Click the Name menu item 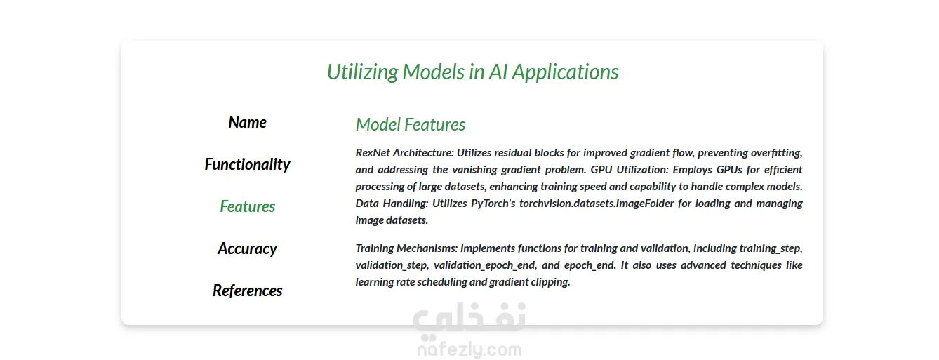click(247, 122)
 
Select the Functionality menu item click(247, 164)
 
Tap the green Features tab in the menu click(247, 206)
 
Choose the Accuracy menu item click(247, 248)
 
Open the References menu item click(247, 291)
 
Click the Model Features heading click(411, 124)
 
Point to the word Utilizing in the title click(363, 72)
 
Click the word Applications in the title click(565, 72)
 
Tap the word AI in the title click(498, 72)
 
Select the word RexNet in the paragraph click(373, 152)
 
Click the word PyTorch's click(493, 204)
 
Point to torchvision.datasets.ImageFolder click(597, 204)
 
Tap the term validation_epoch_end click(485, 265)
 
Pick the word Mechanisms click(427, 248)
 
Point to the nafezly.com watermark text click(469, 349)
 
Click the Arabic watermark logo click(469, 319)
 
